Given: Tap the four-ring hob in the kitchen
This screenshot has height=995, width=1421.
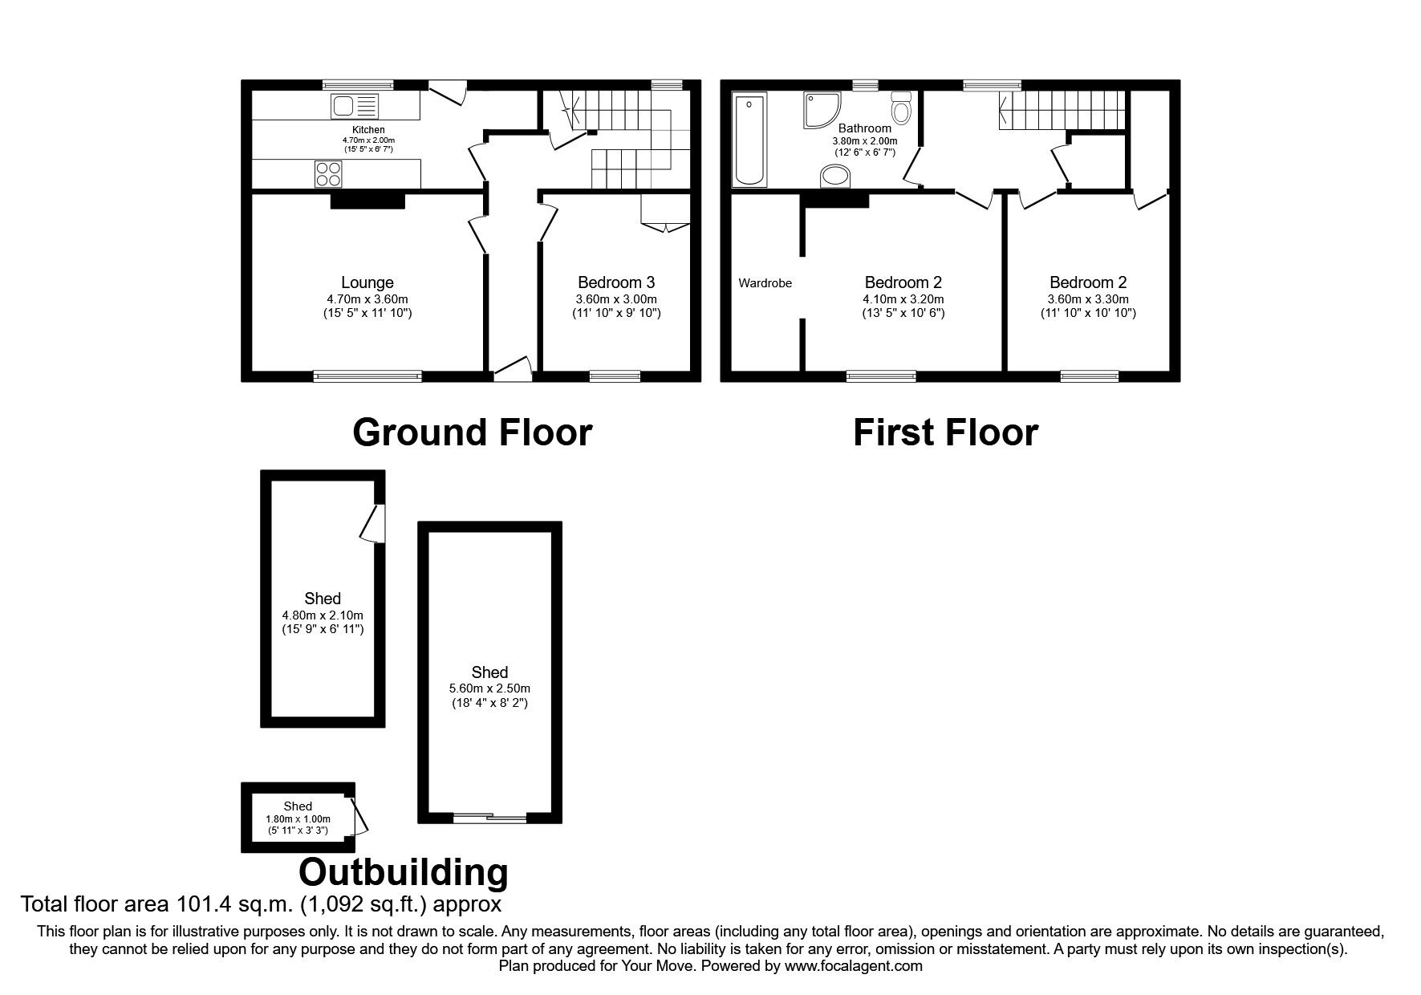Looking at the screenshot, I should (329, 174).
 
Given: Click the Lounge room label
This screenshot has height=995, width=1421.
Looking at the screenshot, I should (367, 282).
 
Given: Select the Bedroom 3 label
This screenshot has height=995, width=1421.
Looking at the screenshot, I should (616, 282).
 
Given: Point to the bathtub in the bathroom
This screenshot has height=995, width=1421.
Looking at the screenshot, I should (749, 139).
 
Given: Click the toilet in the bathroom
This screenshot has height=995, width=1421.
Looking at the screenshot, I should (901, 108).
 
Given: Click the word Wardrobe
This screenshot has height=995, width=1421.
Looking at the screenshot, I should (765, 283).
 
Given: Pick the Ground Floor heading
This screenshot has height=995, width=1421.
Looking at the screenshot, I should (472, 433).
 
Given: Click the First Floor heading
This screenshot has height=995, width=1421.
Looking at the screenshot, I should (944, 433).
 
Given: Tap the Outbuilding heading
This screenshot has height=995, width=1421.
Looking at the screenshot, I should (404, 871).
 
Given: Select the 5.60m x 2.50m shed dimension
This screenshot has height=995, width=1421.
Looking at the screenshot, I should (489, 688).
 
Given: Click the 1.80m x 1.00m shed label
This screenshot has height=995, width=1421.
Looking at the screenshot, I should (298, 819).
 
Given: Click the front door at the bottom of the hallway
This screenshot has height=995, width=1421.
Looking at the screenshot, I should (512, 370).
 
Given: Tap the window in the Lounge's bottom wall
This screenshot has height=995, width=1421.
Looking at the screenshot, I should (367, 376).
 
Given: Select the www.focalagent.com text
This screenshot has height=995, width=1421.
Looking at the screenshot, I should (854, 966).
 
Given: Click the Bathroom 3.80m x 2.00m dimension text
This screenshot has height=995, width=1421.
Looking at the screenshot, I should (864, 140).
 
